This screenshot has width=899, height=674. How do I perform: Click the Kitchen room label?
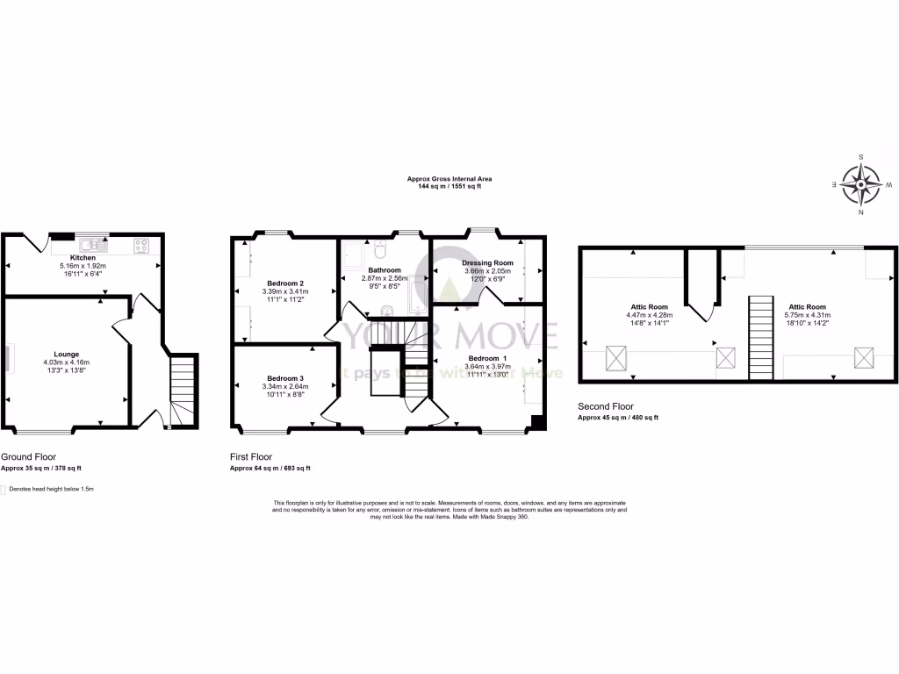click(x=82, y=258)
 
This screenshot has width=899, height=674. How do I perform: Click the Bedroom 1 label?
click(x=486, y=359)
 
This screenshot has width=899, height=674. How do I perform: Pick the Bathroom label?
click(x=385, y=270)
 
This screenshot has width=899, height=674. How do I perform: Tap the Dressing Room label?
click(x=487, y=263)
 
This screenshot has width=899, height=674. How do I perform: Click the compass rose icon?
click(x=860, y=185)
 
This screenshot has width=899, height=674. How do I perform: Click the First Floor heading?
click(x=251, y=457)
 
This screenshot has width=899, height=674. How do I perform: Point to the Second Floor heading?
click(x=606, y=407)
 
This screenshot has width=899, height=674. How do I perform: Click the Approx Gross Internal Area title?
click(x=443, y=179)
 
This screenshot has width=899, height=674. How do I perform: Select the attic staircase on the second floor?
click(x=761, y=338)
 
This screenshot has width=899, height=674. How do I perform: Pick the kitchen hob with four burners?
click(x=141, y=245)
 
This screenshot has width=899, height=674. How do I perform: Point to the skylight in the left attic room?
click(x=616, y=357)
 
